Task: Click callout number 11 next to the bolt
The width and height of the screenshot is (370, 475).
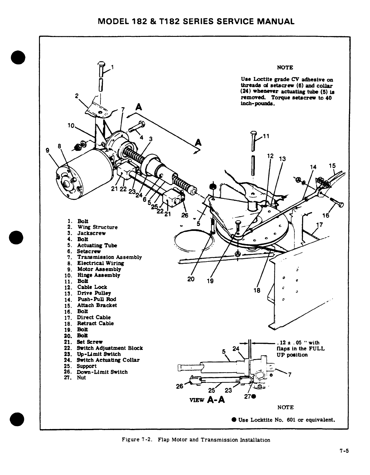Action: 266,137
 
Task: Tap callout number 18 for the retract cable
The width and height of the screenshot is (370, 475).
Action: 257,290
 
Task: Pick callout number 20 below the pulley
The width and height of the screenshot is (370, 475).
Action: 191,279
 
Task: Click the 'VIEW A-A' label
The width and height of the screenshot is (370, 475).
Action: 207,400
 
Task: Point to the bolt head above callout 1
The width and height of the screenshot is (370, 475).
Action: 102,64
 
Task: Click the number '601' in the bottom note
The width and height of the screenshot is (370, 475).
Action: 292,420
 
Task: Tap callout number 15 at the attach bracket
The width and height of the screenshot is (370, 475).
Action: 332,166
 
